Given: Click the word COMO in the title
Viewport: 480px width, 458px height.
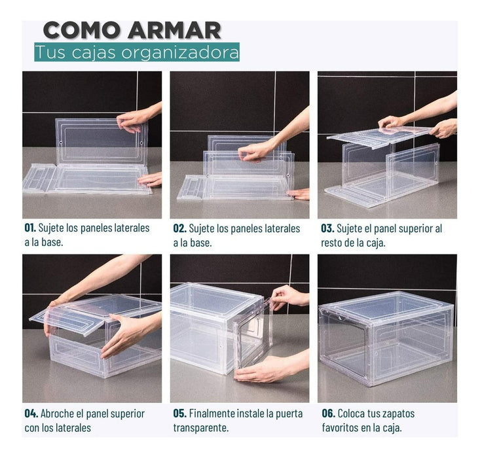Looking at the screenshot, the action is (x=81, y=30).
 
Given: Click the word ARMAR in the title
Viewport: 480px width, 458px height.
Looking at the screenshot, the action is (x=174, y=30).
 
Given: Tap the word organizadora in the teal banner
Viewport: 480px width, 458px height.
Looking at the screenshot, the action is (x=180, y=52).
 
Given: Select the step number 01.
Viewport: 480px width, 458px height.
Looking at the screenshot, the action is (x=30, y=228).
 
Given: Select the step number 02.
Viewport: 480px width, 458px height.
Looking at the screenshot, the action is (x=179, y=228).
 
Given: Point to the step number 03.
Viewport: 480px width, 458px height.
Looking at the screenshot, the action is (x=327, y=228).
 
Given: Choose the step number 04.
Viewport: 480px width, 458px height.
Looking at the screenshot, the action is (x=31, y=414).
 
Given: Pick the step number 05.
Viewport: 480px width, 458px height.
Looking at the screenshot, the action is (x=179, y=414).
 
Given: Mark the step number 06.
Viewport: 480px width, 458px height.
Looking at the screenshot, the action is (x=329, y=414).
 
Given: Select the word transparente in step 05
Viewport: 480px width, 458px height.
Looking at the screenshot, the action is (x=201, y=428).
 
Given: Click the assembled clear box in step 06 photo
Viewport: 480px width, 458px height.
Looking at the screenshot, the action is (x=386, y=338).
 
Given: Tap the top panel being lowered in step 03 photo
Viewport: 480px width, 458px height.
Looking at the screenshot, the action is (x=380, y=137).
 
